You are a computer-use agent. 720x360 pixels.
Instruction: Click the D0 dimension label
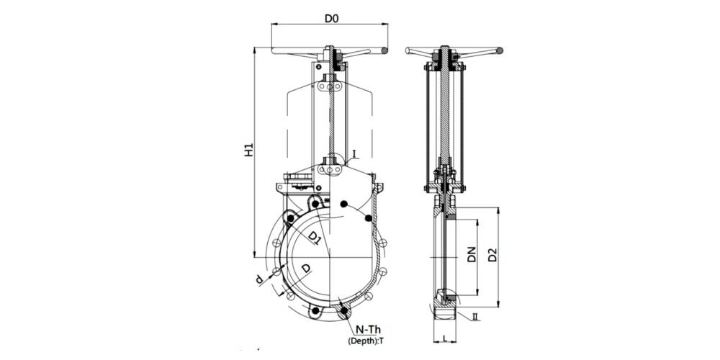[331, 19]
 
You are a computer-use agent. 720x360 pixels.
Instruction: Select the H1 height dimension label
[249, 150]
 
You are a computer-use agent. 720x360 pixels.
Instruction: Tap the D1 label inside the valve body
[315, 238]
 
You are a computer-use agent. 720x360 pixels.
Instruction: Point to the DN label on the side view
[472, 254]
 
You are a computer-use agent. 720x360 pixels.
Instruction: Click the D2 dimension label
[492, 254]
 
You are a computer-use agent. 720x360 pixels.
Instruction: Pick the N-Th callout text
[368, 330]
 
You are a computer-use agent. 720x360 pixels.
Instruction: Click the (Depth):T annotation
[365, 341]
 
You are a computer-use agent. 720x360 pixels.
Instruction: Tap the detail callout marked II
[475, 316]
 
